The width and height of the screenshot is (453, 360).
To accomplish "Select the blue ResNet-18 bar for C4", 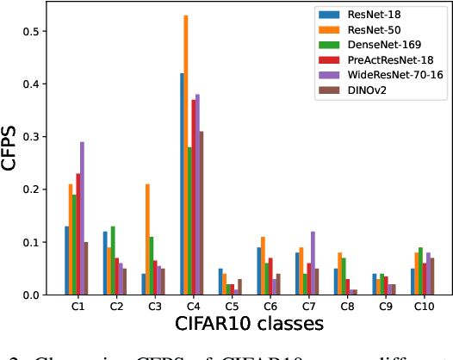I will (x=181, y=184).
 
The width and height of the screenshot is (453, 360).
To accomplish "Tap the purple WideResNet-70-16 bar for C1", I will (x=83, y=219).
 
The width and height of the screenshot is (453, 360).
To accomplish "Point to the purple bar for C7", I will (x=312, y=264).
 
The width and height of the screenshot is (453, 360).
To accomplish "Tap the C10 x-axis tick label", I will (x=423, y=307).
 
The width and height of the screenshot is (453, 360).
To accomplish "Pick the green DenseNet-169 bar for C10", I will (x=420, y=271).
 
